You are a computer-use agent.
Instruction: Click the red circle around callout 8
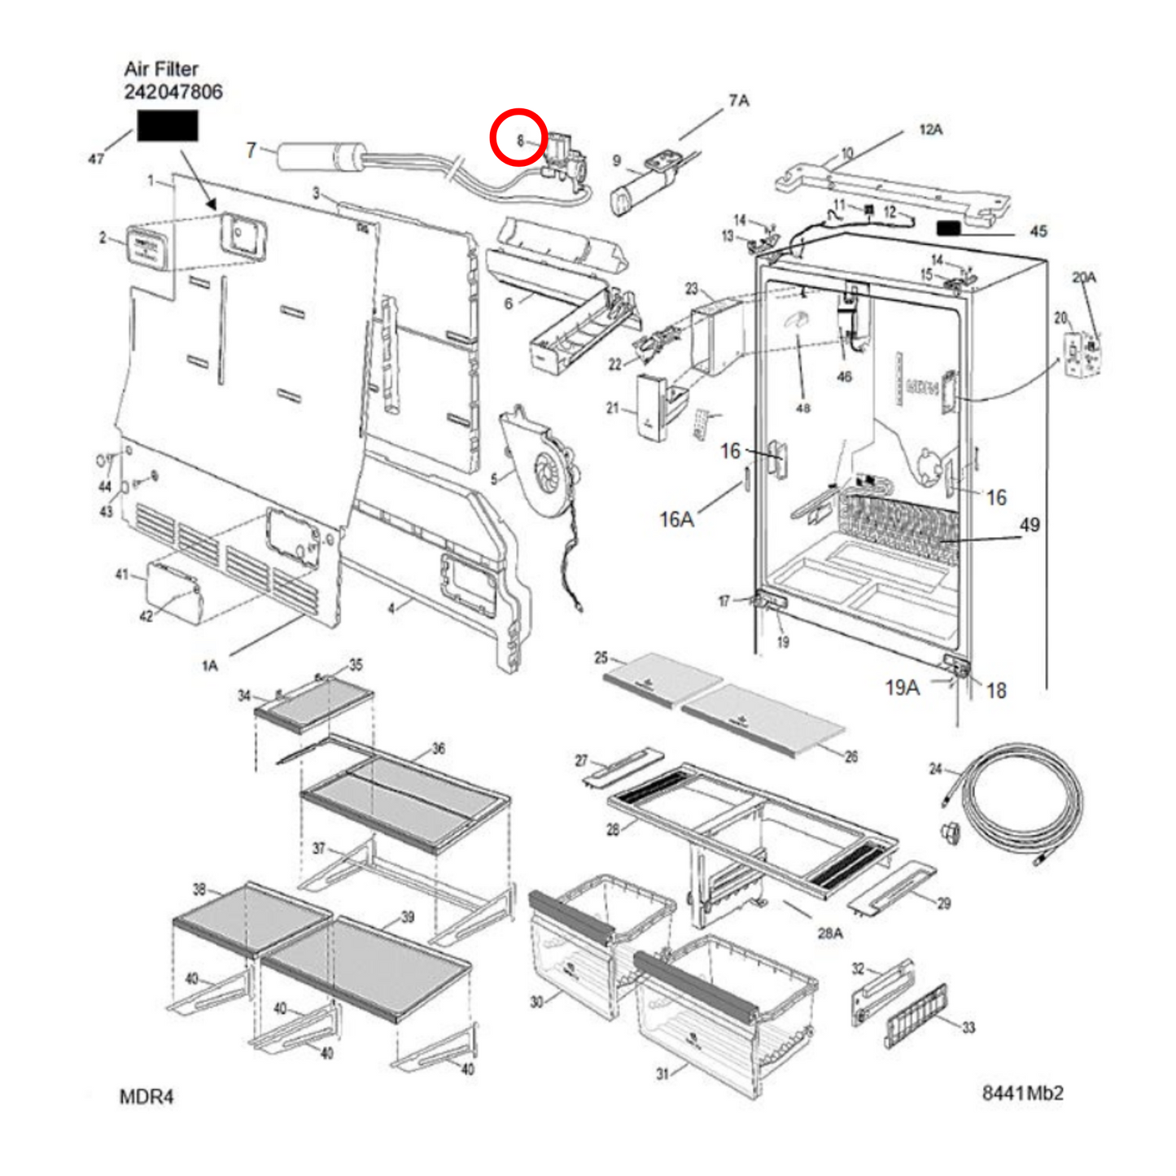518,137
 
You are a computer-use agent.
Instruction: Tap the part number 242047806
173,92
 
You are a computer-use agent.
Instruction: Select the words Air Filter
160,69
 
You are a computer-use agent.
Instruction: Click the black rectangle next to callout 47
167,126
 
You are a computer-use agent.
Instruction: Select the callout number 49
1030,525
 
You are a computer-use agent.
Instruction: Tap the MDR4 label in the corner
146,1096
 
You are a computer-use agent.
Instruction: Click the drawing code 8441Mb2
1022,1093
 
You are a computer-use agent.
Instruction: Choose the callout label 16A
676,519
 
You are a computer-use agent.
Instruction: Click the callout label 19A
902,688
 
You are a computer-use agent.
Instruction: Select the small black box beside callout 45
949,228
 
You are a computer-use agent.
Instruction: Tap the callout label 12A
930,129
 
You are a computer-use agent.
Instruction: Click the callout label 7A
738,101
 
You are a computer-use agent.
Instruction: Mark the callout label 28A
829,933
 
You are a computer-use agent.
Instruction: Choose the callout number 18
996,691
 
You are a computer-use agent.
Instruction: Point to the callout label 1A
209,666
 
